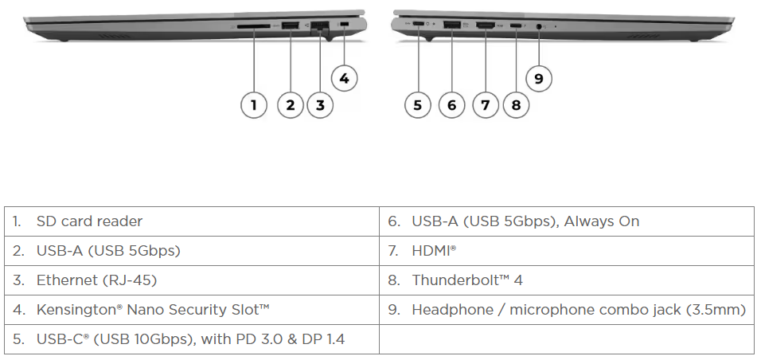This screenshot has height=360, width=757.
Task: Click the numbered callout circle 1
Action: click(x=253, y=104)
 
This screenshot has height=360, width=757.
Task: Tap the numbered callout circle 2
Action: click(x=291, y=104)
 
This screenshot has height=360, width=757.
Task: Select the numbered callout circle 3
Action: click(x=319, y=104)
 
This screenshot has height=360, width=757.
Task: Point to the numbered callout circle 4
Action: click(x=344, y=78)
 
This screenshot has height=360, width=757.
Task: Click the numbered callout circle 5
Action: click(x=417, y=104)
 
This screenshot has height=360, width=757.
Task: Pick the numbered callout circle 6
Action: click(x=451, y=104)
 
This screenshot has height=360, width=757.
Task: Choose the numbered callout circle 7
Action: click(x=485, y=104)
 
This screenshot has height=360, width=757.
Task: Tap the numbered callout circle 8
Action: click(x=516, y=104)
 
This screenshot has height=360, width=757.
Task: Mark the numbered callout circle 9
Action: click(x=539, y=78)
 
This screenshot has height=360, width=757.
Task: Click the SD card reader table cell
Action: click(x=89, y=221)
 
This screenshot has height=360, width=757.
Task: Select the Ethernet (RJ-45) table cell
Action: click(x=96, y=280)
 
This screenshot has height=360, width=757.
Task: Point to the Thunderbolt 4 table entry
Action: click(x=466, y=280)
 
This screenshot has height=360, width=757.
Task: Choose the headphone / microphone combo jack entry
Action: click(x=578, y=310)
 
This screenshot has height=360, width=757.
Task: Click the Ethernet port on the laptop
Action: click(x=320, y=27)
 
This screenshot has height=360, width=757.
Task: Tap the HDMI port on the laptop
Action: click(x=485, y=28)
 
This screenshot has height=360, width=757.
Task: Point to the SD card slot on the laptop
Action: click(x=254, y=27)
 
